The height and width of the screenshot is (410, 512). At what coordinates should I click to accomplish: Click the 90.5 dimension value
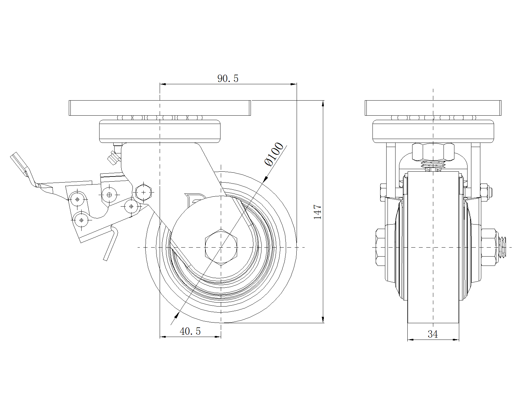coord(228,78)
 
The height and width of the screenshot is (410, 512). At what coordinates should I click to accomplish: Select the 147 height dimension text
coord(317,212)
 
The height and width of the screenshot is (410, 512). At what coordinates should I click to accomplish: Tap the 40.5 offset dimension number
coord(190,332)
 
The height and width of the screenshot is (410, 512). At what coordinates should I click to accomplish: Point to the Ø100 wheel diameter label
coord(274,154)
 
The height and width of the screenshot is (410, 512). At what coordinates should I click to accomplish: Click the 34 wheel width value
coord(433,334)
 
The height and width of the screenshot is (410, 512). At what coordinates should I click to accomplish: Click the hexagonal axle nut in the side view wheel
coord(221,247)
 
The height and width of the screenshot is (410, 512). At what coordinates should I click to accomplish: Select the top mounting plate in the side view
coord(160,108)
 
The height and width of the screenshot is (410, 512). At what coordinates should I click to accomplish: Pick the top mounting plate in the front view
coord(433,108)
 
